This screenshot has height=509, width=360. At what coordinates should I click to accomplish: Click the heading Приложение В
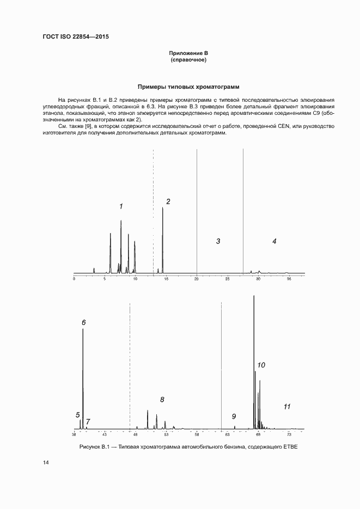coord(188,53)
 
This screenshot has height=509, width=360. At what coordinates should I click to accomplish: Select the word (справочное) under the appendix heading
coord(188,59)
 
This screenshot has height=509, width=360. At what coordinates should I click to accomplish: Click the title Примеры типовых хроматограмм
coord(188,87)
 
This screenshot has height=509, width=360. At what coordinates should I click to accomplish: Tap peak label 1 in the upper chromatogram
coord(121,206)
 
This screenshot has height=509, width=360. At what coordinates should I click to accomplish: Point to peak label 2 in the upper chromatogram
coord(168,201)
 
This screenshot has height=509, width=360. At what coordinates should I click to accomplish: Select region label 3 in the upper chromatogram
coord(218,241)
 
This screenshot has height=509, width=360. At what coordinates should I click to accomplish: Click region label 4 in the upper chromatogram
coord(274,241)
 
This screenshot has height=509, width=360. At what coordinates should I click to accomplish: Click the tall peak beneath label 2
coord(162,240)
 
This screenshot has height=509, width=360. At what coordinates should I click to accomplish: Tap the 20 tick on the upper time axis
coord(197,278)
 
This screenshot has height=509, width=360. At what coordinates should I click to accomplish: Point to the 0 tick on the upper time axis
coord(74,278)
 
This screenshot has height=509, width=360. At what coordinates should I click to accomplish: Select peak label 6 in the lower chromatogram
coord(83,322)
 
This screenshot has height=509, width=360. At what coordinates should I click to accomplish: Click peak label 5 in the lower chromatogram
coord(78,415)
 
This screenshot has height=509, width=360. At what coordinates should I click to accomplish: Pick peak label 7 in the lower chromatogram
coord(88,421)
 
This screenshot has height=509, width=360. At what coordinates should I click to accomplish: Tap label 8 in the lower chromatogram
coord(162,400)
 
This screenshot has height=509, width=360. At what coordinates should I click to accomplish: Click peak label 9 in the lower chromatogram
coord(234,416)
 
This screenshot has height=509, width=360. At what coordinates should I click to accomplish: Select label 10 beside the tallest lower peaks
coord(261,365)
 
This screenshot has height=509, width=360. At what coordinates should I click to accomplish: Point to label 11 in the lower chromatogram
coord(287,406)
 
